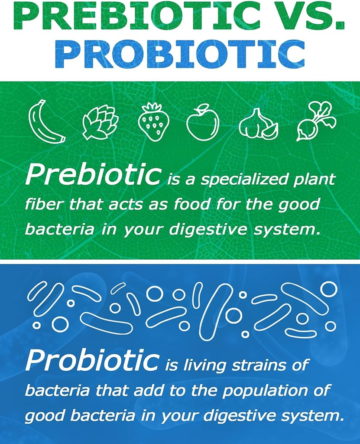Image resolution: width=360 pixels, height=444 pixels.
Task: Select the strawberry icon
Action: pos(153,122)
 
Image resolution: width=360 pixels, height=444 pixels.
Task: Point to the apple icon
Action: pos(202,122)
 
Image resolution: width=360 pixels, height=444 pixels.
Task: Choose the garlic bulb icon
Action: pos(258,124)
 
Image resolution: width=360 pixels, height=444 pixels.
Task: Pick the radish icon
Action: pos(316,121)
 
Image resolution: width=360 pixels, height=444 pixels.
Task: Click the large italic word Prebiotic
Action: pos(93,176)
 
